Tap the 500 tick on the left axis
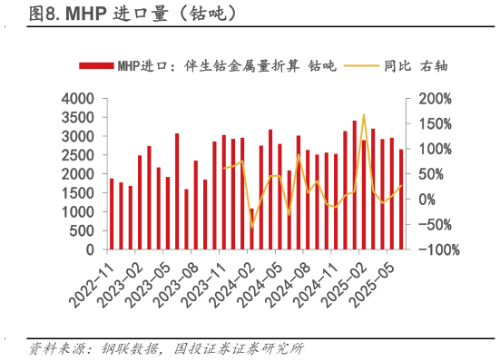(x=83, y=230)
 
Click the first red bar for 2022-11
(x=112, y=213)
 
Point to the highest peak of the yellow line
(x=363, y=115)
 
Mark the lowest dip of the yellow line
(x=251, y=226)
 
